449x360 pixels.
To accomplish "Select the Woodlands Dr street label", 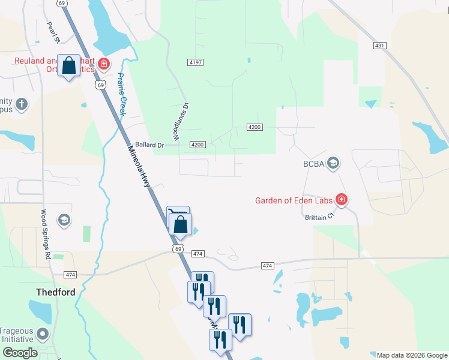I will pos(182,122).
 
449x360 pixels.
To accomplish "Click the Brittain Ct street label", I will pos(318,217).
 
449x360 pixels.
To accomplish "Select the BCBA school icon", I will pos(334,163).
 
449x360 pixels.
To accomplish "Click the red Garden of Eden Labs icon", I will pos(342,200).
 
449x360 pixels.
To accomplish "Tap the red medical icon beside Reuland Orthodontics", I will pos(104,64).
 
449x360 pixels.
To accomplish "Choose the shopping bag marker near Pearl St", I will pos(69,65).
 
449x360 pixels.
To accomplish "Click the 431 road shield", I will pos(378,46).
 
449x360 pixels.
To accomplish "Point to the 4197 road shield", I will pos(195,62).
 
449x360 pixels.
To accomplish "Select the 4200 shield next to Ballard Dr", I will pos(197,145).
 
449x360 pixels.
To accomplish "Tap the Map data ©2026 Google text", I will pos(411,355).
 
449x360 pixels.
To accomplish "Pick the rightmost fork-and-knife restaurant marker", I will pos(240,325).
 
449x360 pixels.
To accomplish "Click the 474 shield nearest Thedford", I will pos(71,274).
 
